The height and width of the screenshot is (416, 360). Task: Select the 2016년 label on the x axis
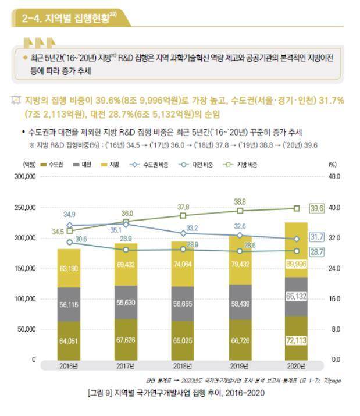[x=69, y=367]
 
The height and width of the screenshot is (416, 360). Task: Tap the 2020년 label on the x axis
[x=297, y=367]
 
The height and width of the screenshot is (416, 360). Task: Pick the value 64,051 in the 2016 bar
[x=69, y=340]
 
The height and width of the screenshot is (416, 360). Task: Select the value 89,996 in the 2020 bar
[x=297, y=264]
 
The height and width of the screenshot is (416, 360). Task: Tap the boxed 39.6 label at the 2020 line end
[x=316, y=208]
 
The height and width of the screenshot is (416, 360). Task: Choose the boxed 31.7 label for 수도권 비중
[x=316, y=237]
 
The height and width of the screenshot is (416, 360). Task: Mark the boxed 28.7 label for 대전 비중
[x=316, y=251]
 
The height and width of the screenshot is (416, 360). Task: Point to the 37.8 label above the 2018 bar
[x=183, y=207]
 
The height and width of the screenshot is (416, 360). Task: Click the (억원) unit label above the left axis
[x=29, y=165]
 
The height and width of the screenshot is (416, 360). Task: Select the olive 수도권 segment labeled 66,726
[x=240, y=340]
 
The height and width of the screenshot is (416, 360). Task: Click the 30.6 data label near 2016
[x=81, y=239]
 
